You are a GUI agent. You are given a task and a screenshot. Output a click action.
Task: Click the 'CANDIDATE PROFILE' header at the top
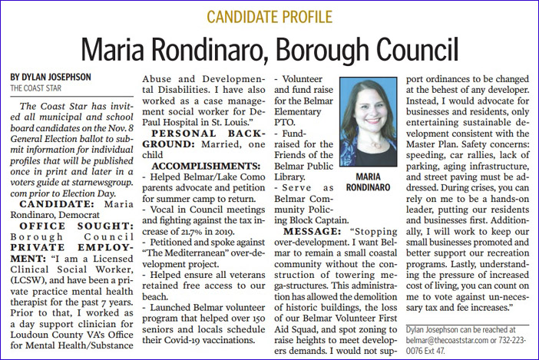click(x=269, y=16)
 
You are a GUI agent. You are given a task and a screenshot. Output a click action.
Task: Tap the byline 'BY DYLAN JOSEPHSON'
click(x=52, y=77)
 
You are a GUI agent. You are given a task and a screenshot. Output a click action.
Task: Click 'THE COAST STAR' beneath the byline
click(x=35, y=88)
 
